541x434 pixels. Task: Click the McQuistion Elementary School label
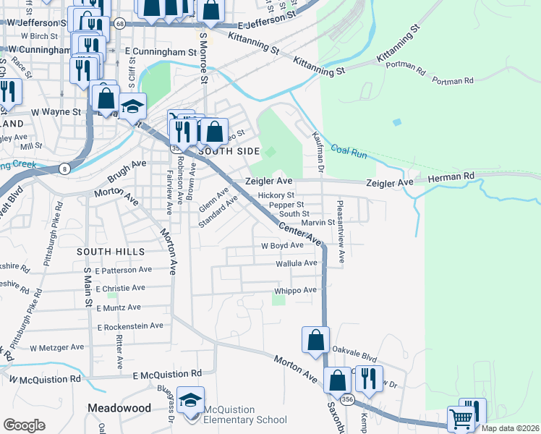pyautogui.click(x=246, y=414)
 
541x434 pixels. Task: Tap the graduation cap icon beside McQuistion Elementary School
pyautogui.click(x=190, y=400)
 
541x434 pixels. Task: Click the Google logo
pyautogui.click(x=23, y=425)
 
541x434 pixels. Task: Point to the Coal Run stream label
pyautogui.click(x=349, y=153)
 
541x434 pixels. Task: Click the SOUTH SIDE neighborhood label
pyautogui.click(x=229, y=151)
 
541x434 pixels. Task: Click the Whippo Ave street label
pyautogui.click(x=295, y=291)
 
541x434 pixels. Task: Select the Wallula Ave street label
pyautogui.click(x=297, y=263)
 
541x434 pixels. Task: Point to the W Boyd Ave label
pyautogui.click(x=282, y=245)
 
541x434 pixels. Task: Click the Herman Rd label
pyautogui.click(x=449, y=177)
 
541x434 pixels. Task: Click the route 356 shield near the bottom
pyautogui.click(x=348, y=399)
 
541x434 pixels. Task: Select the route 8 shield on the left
pyautogui.click(x=65, y=169)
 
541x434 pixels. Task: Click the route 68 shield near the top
pyautogui.click(x=119, y=24)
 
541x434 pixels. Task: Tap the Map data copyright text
pyautogui.click(x=508, y=428)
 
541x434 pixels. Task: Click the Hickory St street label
pyautogui.click(x=276, y=195)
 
